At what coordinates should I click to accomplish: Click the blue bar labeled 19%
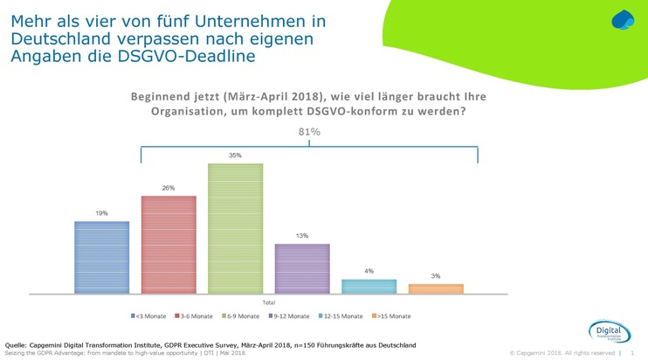[101, 257]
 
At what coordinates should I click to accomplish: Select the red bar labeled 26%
[169, 244]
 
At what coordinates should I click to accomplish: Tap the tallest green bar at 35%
[235, 227]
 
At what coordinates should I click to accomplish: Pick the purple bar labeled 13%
[302, 267]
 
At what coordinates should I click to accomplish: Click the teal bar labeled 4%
[369, 286]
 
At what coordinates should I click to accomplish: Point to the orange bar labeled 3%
[436, 288]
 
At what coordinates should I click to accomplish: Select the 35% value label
[235, 156]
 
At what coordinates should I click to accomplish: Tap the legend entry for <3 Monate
[150, 315]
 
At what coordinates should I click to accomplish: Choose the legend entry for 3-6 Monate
[196, 315]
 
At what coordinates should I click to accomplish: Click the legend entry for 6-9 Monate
[242, 315]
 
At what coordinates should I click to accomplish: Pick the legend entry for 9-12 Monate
[290, 315]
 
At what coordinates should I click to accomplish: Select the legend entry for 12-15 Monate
[341, 315]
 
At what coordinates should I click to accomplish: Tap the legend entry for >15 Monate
[393, 315]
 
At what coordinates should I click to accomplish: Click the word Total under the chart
[269, 301]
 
